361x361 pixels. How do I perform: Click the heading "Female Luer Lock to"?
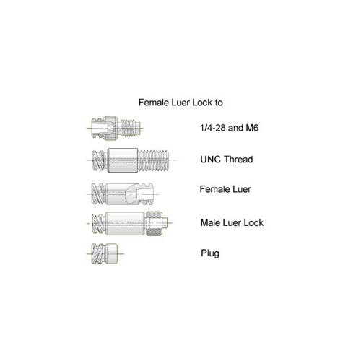pos(180,103)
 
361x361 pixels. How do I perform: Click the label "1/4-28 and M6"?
pos(230,128)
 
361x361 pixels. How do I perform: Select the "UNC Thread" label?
pos(227,160)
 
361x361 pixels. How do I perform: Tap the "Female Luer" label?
pos(225,189)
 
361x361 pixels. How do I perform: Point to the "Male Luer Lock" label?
pos(232,222)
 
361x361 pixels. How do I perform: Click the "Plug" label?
pos(210,253)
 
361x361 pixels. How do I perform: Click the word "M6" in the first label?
pos(252,128)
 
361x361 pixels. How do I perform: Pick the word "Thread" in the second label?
pos(238,160)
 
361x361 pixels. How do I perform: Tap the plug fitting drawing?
pos(105,253)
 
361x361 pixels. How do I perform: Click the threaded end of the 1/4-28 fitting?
pos(130,128)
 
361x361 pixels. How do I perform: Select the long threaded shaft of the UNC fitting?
pos(153,160)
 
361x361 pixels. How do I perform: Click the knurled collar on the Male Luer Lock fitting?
pos(154,223)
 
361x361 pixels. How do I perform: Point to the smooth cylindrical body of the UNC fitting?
pos(123,160)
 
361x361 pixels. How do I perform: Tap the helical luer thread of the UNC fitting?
pos(98,160)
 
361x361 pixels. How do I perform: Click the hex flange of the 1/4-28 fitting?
pos(111,129)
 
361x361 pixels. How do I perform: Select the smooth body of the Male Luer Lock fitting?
pos(125,223)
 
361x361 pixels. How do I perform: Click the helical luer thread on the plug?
pos(97,253)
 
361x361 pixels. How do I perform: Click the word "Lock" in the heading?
pos(202,103)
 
